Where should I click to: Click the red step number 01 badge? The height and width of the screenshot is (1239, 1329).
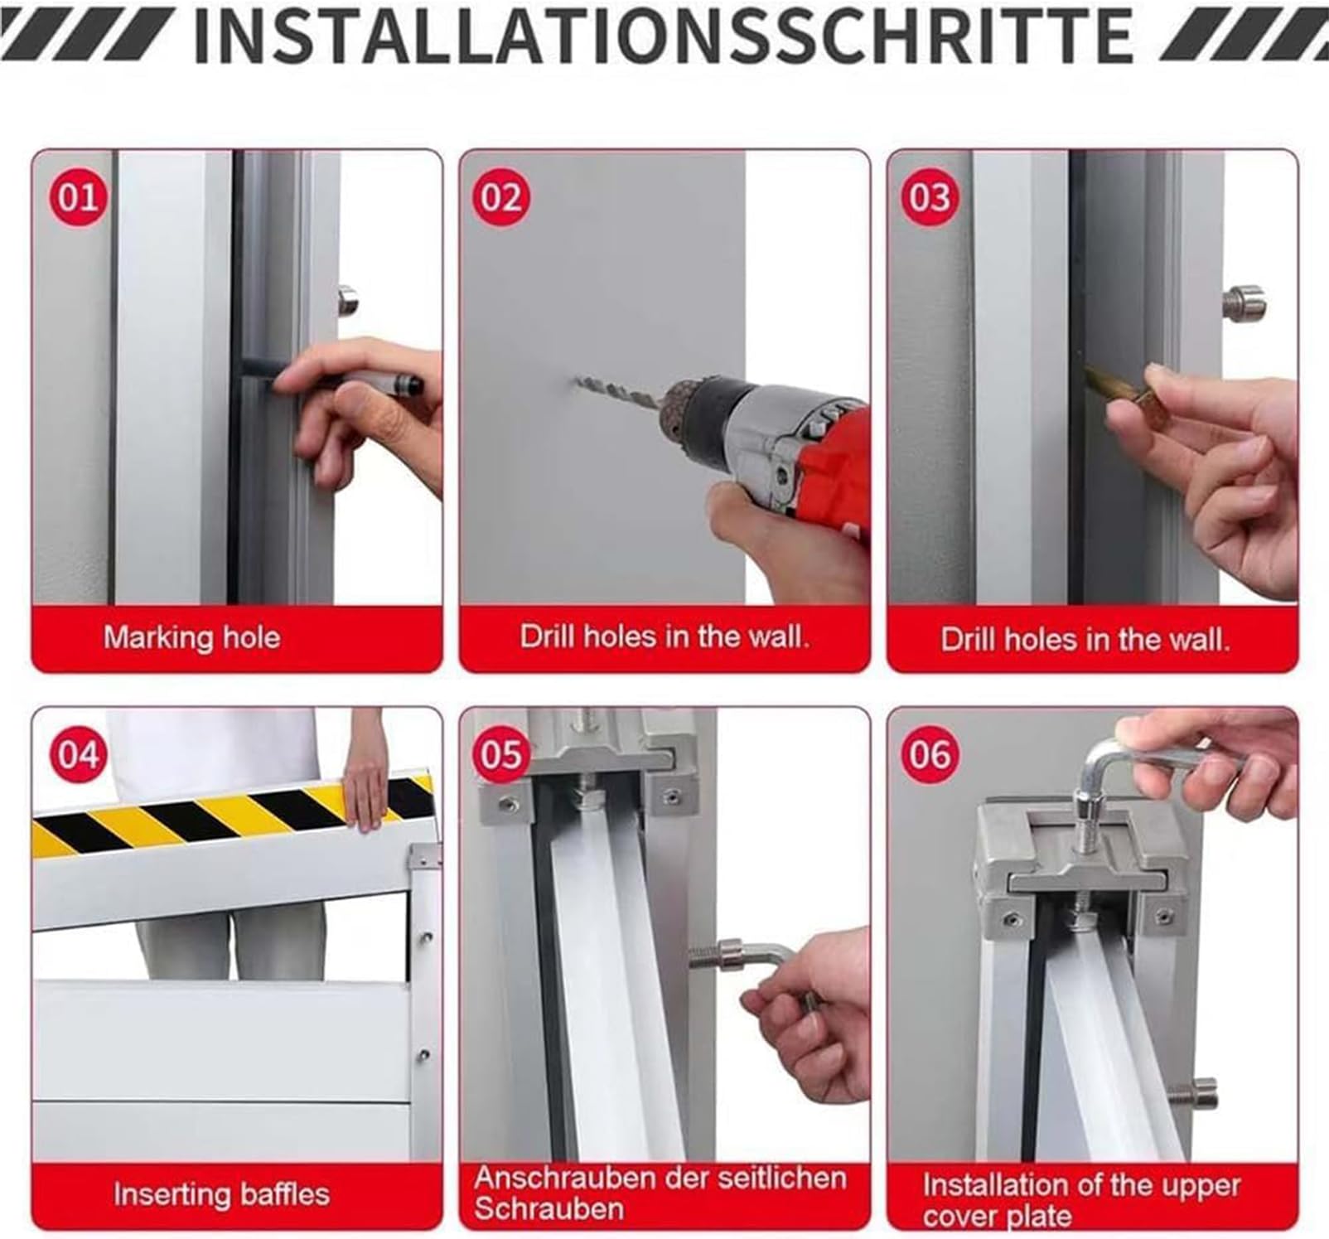tap(79, 197)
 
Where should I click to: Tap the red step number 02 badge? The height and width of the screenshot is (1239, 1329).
tap(501, 197)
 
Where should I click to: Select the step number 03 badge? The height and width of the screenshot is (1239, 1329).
tap(930, 197)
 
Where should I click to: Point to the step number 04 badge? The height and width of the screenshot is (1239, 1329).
tap(79, 755)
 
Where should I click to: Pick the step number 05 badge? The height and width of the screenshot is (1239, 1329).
tap(501, 755)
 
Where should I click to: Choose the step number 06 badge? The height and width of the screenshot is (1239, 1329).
tap(930, 755)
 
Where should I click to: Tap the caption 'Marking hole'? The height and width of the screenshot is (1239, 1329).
tap(191, 637)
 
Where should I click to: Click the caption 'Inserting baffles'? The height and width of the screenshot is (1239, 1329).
tap(221, 1194)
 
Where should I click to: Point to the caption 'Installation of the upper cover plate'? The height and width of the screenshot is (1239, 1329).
tap(1080, 1200)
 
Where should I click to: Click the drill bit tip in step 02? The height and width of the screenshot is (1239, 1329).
tap(578, 382)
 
